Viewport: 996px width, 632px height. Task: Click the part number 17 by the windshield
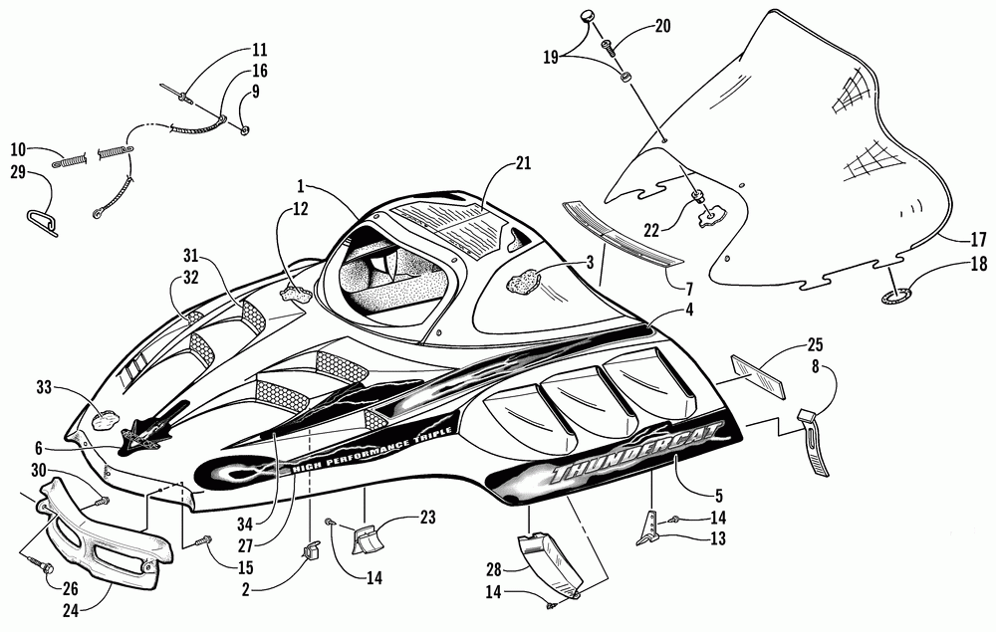pos(978,240)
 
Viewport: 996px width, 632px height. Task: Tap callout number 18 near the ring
pos(978,265)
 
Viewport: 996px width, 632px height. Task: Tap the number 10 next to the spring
pos(18,149)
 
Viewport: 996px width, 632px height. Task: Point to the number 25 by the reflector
pos(815,345)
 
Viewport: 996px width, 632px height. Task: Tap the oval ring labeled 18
pos(894,294)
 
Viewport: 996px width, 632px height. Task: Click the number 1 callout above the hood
pos(300,186)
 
